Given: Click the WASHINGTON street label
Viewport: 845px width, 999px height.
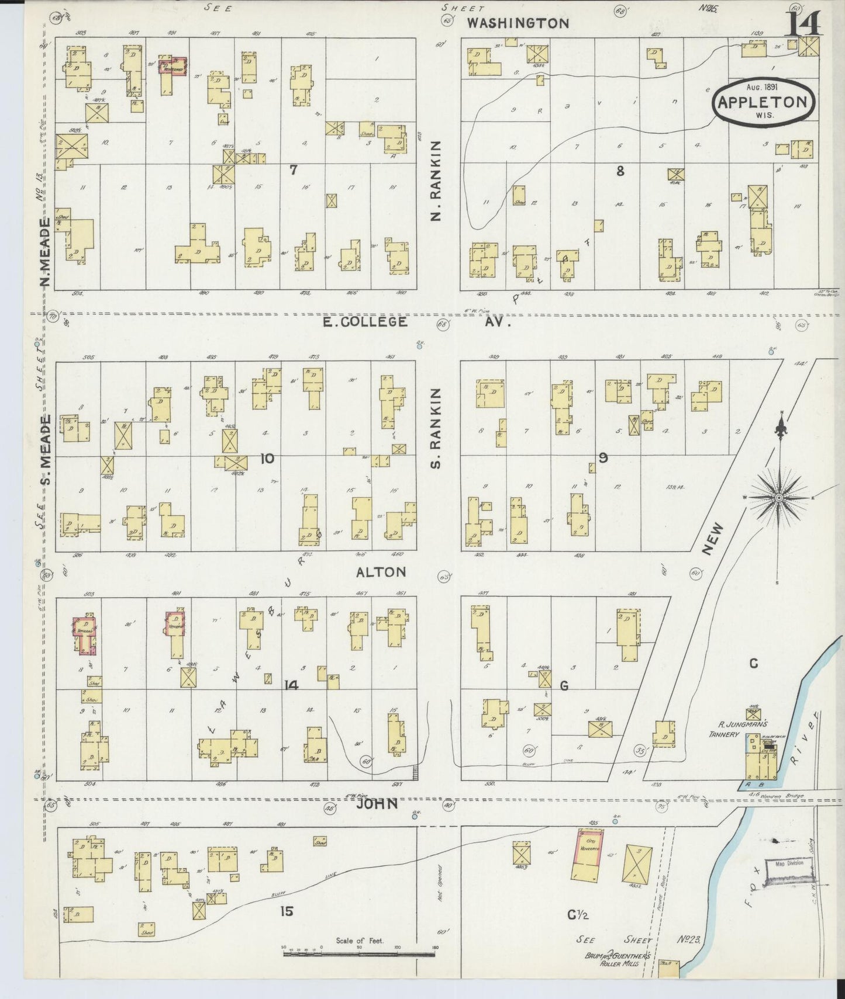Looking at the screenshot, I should point(518,23).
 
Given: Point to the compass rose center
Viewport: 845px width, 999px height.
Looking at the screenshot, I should point(779,497).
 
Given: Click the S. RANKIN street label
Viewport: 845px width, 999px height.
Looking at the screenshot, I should point(436,428).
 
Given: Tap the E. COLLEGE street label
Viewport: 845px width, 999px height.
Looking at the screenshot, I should point(365,322).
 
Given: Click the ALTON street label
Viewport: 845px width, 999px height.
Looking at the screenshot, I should point(381,572).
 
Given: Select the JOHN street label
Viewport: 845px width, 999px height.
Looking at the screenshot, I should point(378,804).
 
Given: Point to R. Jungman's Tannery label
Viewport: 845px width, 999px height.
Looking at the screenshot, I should point(734,729).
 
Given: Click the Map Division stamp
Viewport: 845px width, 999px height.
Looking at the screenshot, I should point(789,863).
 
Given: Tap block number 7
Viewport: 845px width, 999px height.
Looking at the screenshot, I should point(294,170).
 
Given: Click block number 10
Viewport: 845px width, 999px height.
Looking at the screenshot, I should point(267,459).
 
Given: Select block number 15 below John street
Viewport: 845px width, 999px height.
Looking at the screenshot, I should point(286,911).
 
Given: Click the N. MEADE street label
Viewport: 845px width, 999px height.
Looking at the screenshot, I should point(45,252).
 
